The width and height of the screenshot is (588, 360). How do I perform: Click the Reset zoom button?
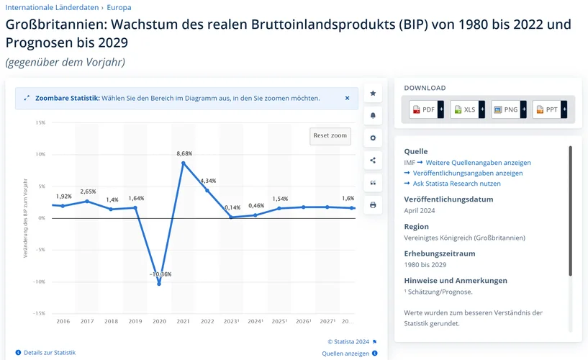(330, 135)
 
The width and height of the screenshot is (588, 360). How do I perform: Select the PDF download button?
(424, 109)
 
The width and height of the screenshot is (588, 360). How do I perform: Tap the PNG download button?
(506, 109)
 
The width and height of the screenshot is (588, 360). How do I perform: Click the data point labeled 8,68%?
(184, 163)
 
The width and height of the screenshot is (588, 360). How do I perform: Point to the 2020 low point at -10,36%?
(159, 283)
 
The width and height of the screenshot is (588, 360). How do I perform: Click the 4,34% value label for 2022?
(208, 180)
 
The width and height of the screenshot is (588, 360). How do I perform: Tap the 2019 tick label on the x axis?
(135, 321)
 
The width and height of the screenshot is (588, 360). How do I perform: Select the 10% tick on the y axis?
(40, 154)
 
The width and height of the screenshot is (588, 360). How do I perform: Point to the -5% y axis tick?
(40, 249)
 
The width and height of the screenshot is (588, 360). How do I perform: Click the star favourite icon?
(373, 94)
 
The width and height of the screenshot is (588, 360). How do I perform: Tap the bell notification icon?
(373, 115)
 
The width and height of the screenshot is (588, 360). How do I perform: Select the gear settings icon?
(373, 138)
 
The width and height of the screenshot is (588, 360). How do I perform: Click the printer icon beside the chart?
(373, 205)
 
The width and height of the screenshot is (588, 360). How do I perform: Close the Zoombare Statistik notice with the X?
(347, 98)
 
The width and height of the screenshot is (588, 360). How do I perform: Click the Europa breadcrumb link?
(119, 7)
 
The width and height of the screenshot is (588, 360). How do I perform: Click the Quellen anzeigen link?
(345, 354)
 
